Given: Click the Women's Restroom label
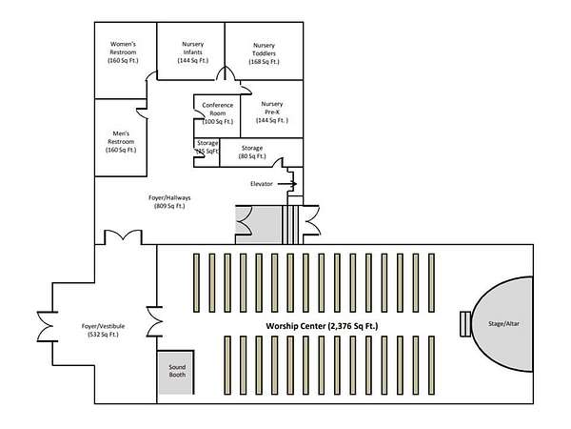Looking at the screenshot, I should [124, 52].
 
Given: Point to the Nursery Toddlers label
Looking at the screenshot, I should [263, 53].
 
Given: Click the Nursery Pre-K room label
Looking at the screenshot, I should [271, 112].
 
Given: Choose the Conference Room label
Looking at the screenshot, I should [217, 113].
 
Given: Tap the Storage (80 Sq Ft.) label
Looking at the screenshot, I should [252, 153].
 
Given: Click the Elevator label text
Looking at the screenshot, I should [262, 183].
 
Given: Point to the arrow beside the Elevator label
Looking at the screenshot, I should [288, 183].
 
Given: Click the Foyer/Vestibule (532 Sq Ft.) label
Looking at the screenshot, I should [92, 330].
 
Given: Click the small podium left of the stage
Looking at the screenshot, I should [464, 324].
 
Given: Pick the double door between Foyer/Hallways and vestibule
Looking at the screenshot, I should [124, 236].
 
